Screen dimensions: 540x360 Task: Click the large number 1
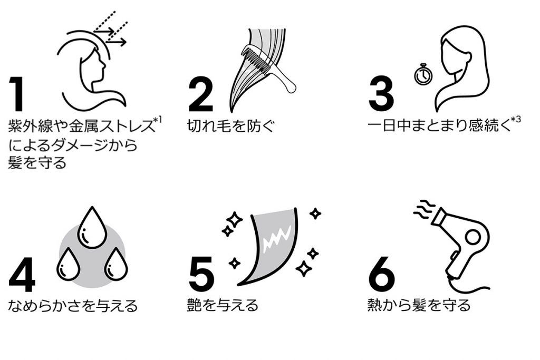pos(16,94)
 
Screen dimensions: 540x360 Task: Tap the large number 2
pos(201,94)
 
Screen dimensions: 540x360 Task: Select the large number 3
pos(381,94)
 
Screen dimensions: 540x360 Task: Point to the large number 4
pos(22,274)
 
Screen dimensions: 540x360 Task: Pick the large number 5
pos(201,274)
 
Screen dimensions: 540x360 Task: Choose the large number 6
pos(382,274)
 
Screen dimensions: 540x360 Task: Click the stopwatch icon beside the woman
pos(423,74)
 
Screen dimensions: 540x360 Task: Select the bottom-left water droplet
pos(69,264)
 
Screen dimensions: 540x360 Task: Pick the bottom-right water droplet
pos(116,264)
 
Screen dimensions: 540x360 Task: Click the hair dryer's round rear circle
pos(473,238)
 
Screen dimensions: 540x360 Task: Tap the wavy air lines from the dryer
pos(425,209)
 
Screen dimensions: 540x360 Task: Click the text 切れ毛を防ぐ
pos(231,126)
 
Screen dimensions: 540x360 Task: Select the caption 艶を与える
pos(223,305)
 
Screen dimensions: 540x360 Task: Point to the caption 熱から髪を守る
pos(419,305)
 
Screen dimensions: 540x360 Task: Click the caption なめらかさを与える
pos(73,306)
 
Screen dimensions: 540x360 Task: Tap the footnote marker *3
pos(516,120)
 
